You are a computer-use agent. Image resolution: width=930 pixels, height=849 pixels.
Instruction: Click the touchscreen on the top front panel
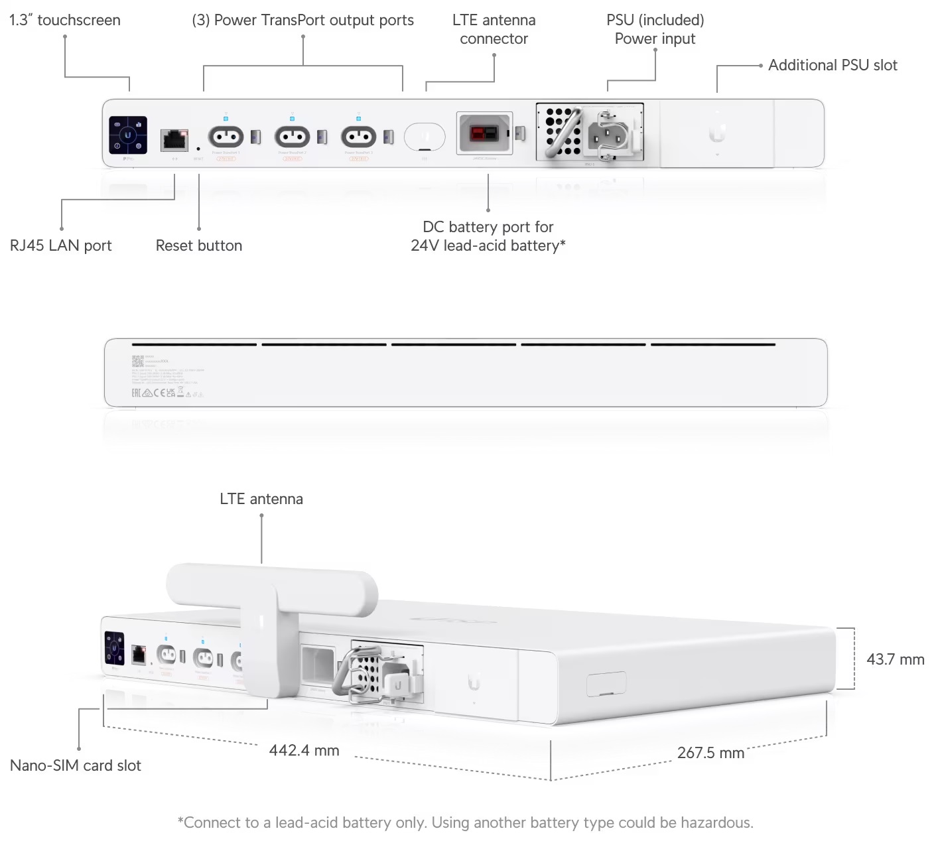point(127,135)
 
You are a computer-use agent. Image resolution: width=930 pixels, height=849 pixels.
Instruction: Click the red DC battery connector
point(484,134)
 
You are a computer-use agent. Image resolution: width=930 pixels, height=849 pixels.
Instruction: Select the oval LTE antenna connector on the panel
point(425,137)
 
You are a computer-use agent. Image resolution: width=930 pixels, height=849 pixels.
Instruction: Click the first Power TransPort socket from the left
point(226,137)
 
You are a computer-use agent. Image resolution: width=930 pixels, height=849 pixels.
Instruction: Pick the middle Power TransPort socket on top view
point(293,137)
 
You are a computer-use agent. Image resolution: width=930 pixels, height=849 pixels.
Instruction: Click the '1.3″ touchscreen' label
point(64,20)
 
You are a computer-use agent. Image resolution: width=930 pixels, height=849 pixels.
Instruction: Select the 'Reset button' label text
point(198,245)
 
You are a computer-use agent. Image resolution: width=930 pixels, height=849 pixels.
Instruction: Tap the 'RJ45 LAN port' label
point(60,245)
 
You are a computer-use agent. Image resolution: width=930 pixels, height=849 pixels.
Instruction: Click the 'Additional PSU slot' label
point(832,65)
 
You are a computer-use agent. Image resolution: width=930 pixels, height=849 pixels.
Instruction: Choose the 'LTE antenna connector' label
point(494,29)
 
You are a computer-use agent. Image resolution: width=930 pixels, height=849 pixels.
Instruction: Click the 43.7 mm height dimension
point(895,659)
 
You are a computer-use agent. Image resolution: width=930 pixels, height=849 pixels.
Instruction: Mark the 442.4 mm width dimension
point(304,750)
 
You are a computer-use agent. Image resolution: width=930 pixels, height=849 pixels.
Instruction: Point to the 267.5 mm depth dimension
point(710,753)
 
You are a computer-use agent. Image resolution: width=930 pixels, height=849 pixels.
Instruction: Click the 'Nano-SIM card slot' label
point(75,765)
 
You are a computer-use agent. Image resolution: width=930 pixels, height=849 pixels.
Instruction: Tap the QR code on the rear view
point(137,361)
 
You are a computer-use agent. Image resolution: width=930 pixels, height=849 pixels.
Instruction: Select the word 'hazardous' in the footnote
point(718,822)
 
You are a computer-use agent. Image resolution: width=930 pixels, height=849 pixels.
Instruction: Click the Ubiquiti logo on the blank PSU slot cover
point(716,133)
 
